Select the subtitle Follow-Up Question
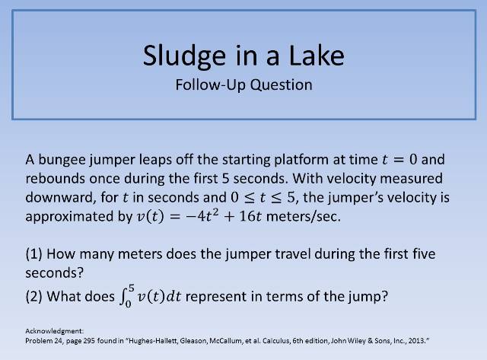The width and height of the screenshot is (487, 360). coord(243,84)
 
